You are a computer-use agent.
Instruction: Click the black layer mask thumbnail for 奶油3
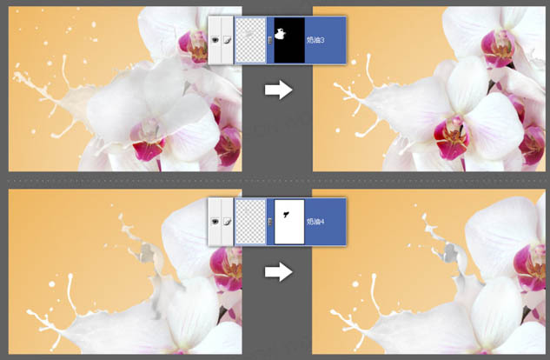(x=290, y=39)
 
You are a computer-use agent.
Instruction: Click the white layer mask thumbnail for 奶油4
(x=290, y=221)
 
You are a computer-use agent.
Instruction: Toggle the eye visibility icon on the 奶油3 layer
(x=215, y=40)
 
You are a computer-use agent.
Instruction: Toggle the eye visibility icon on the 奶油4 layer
(x=215, y=222)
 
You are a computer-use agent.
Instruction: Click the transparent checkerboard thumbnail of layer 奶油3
(x=251, y=39)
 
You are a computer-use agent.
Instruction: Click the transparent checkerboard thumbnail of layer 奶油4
(x=251, y=221)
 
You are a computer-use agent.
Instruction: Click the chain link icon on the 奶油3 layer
(x=270, y=40)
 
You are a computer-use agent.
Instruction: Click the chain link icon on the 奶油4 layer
(x=270, y=222)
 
